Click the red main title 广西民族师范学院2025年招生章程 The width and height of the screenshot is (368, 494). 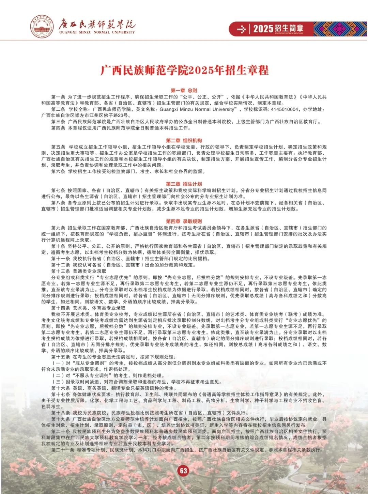tap(184, 70)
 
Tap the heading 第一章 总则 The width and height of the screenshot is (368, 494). tap(184, 90)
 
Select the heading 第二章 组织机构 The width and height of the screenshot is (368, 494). tap(184, 140)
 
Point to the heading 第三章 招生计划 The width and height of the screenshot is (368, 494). tap(184, 184)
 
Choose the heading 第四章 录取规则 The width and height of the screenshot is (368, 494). tap(184, 221)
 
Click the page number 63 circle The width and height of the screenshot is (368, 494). tap(184, 470)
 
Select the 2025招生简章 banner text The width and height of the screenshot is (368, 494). tap(278, 29)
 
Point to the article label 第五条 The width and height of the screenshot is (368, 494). tap(58, 147)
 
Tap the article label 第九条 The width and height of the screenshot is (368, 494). tap(58, 228)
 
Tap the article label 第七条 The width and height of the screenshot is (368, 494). tap(58, 190)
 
